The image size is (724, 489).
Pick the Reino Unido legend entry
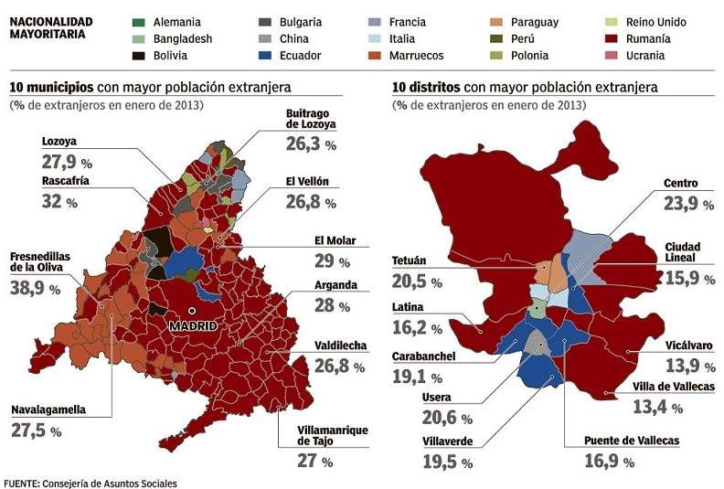tap(656, 21)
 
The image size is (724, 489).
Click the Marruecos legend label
tap(417, 56)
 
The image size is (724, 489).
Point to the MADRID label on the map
tap(192, 325)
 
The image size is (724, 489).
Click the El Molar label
tap(335, 241)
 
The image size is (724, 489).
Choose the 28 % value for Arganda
tap(331, 305)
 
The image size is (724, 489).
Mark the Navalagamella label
tap(49, 409)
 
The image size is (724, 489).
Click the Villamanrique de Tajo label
tap(333, 436)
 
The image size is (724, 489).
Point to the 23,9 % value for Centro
tap(688, 204)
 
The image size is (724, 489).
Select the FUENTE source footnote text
tap(90, 482)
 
